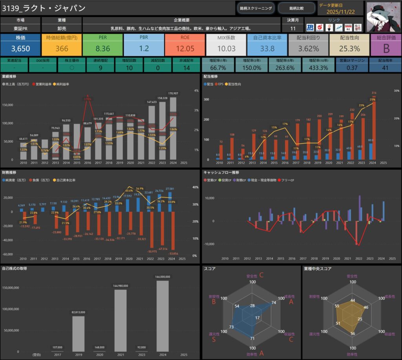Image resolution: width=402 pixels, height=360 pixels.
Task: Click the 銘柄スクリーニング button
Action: [256, 8]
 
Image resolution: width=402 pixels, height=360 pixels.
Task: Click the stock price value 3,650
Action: [20, 49]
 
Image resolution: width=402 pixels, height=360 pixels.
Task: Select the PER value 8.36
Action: [102, 49]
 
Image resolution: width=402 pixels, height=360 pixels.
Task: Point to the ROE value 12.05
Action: [185, 49]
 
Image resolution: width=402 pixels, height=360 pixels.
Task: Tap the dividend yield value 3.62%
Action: [308, 49]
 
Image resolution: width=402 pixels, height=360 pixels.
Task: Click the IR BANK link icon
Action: [311, 27]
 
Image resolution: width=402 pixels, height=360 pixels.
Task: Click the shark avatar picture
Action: [383, 16]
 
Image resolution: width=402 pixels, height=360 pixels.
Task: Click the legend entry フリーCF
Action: [288, 180]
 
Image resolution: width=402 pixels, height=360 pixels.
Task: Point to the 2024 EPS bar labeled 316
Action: [374, 128]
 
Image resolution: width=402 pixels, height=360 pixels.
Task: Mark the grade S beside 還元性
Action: [214, 340]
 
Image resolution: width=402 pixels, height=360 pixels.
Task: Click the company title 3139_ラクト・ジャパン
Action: [44, 8]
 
